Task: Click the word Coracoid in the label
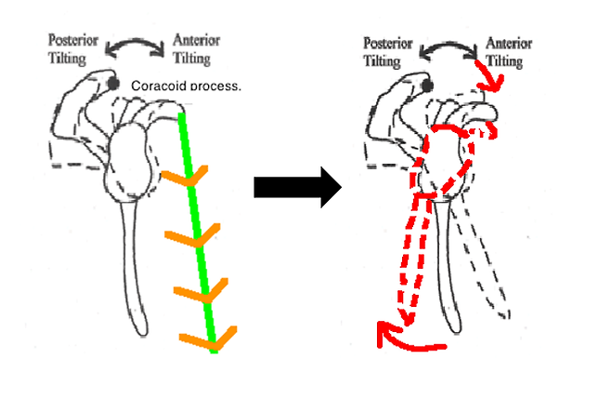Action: click(x=159, y=86)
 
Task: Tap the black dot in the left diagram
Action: click(x=113, y=84)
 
